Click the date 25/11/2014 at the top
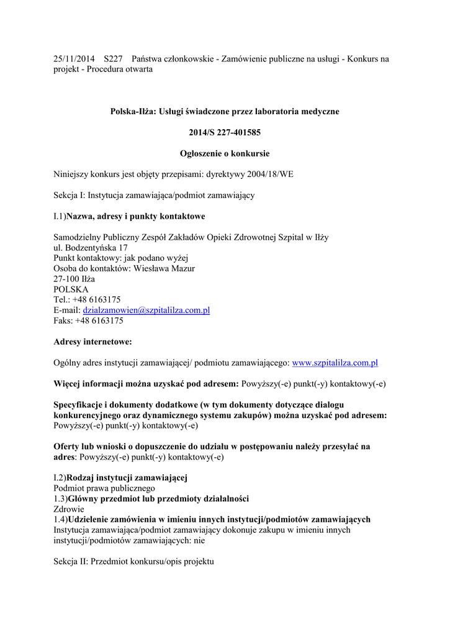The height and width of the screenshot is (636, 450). pos(74,59)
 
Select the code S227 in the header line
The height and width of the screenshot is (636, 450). pos(114,59)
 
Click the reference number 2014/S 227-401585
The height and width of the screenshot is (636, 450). pos(225,132)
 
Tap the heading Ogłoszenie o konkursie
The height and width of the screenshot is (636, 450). pos(225,153)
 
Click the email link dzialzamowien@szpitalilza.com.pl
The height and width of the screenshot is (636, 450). pos(146,310)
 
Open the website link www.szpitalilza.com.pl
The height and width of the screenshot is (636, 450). pos(335,363)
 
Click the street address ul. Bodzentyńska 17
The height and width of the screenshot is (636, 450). pos(91,247)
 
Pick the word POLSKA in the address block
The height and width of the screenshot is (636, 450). pos(71,289)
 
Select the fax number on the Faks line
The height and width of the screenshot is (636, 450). pos(99,320)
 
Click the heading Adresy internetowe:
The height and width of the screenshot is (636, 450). pos(93,342)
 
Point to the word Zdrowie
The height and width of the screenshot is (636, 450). pos(69,509)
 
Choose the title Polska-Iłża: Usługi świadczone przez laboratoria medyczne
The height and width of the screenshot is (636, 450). pos(225,111)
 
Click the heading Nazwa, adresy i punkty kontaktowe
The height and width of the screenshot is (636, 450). pos(136,216)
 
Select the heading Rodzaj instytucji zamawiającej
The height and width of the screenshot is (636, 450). pos(127,478)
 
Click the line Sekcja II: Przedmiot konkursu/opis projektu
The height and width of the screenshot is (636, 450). pos(133,561)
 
